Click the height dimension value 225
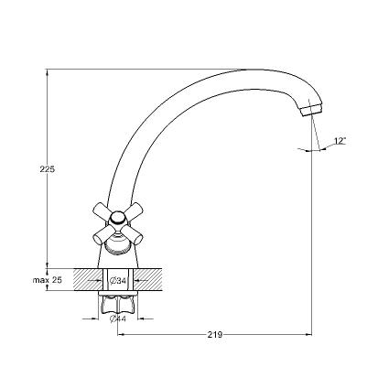48,169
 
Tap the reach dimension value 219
215,335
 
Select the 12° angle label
340,141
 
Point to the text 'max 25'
48,280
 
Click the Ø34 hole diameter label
118,280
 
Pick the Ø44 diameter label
118,318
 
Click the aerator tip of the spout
311,110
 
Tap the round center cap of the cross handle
118,218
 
